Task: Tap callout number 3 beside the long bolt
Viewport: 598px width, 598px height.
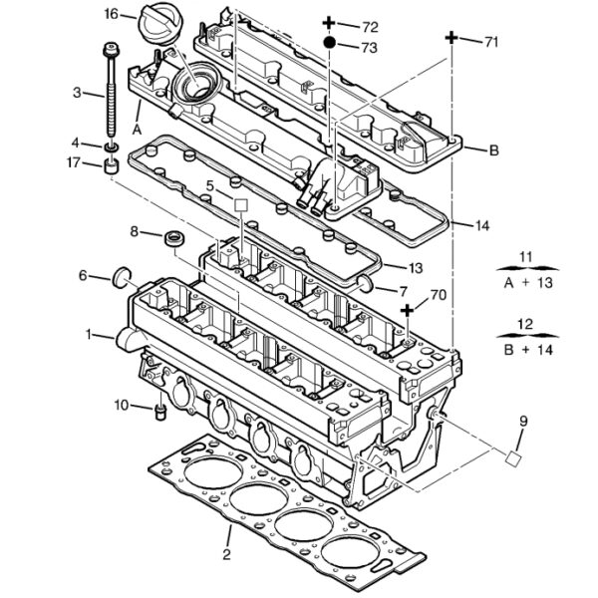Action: (77, 94)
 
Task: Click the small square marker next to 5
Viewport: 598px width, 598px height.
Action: (240, 205)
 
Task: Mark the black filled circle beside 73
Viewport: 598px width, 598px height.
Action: (329, 45)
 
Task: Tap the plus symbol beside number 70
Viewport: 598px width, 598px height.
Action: (408, 311)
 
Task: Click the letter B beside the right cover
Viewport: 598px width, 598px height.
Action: (493, 150)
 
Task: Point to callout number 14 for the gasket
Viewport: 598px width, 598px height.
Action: (482, 226)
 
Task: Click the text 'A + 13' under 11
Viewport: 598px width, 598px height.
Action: (526, 282)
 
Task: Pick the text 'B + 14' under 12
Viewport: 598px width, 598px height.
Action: (526, 349)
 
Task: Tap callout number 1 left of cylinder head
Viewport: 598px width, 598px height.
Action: (89, 334)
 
